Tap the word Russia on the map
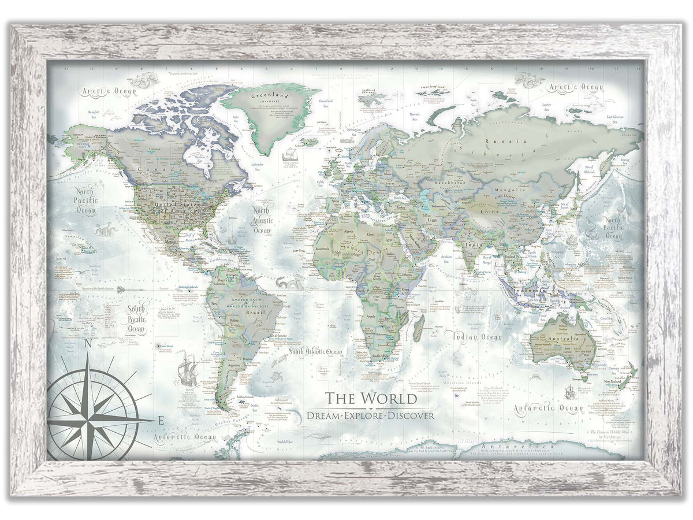[497, 140]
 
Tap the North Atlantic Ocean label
[263, 220]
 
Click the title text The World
[370, 399]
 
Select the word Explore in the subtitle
[370, 415]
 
